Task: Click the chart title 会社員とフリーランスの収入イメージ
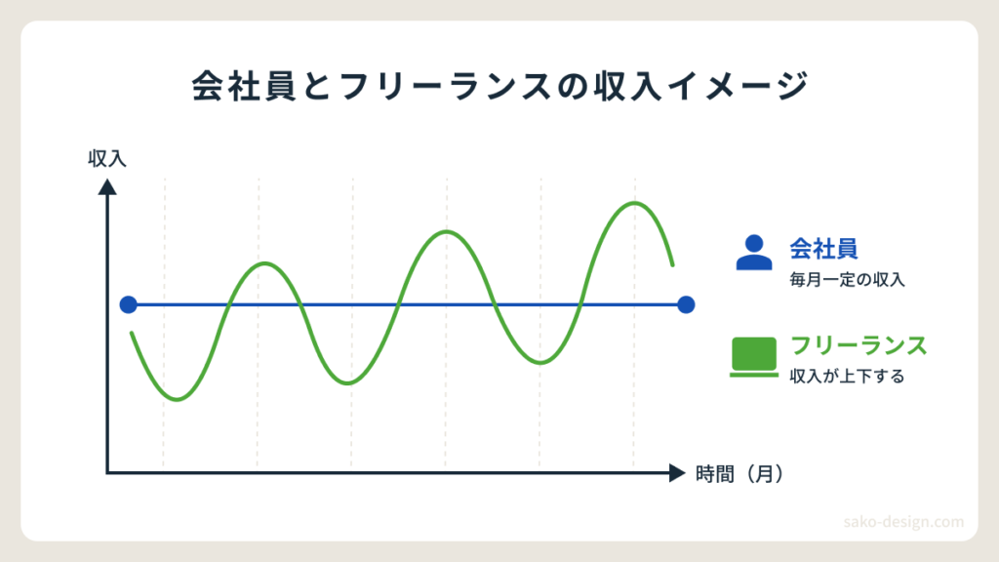coord(500,86)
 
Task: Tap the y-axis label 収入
coord(107,159)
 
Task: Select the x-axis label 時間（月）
coord(739,474)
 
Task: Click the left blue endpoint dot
coord(128,304)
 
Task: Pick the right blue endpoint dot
coord(686,304)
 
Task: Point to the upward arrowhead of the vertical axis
coord(107,186)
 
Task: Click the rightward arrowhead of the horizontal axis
coord(677,473)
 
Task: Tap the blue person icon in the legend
coord(754,253)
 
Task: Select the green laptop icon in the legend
coord(754,357)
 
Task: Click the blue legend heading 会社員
coord(823,249)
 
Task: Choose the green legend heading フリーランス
coord(859,345)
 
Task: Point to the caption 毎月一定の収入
coord(847,280)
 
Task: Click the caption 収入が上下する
coord(847,377)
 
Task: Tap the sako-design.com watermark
coord(903,522)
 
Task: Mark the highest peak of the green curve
coord(634,203)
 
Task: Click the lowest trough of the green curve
coord(177,399)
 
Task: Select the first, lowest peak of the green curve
coord(265,263)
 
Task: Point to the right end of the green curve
coord(672,264)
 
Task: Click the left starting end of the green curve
coord(132,334)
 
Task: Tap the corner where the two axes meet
coord(107,473)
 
